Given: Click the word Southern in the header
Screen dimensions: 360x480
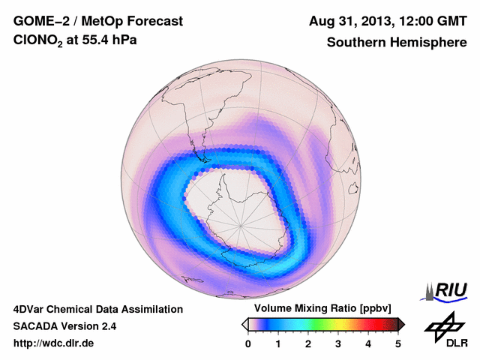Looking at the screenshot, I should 357,43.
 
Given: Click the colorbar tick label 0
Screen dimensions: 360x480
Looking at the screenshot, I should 248,343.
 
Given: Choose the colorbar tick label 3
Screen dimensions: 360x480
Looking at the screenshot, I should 338,343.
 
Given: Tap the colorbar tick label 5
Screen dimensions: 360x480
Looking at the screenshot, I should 398,343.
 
